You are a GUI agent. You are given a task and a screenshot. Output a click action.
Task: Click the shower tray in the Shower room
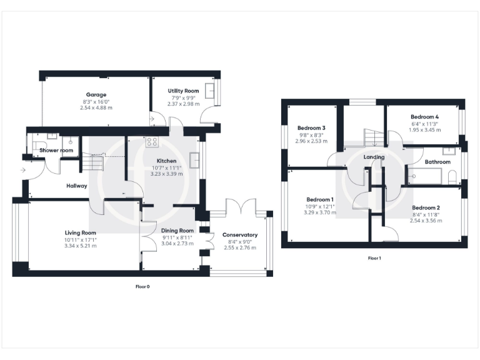[x=70, y=144]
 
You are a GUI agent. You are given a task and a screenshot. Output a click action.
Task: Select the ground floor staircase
[x=92, y=163]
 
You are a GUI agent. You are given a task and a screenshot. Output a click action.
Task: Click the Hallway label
[x=77, y=186]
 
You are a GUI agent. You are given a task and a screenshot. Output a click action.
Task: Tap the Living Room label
[x=79, y=232]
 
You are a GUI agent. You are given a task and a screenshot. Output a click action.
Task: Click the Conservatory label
[x=240, y=235]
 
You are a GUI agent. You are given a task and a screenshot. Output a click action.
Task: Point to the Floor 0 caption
[x=142, y=287]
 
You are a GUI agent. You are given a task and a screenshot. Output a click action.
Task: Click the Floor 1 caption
[x=374, y=258]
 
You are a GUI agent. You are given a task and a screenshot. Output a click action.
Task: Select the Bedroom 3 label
[x=311, y=128]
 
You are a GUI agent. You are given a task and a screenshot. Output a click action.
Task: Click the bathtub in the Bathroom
[x=424, y=177]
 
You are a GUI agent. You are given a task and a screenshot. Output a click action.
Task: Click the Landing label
[x=373, y=157]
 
